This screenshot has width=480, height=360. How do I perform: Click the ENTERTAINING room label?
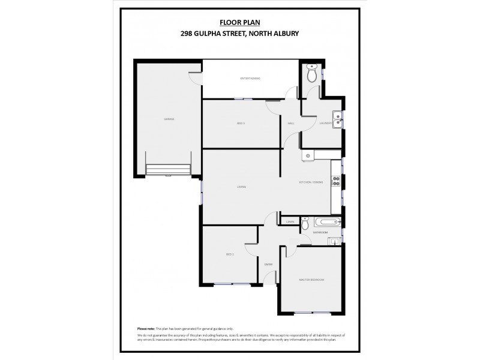tap(250, 79)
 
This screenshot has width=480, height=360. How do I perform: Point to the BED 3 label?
tap(241, 123)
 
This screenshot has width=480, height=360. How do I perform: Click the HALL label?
tap(291, 123)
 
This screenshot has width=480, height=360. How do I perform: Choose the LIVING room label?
tap(241, 187)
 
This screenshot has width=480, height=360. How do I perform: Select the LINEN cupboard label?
tap(290, 221)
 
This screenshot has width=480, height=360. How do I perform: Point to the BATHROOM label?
tap(320, 232)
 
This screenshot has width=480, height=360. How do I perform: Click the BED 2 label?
tap(229, 254)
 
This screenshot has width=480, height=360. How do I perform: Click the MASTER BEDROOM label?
tap(312, 280)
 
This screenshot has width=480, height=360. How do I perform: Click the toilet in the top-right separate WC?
tap(311, 74)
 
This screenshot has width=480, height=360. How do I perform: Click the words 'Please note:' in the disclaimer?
tap(146, 329)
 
